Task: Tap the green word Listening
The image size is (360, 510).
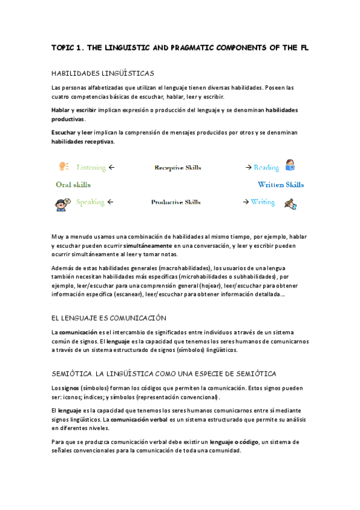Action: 91,167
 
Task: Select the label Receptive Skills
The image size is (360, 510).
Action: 177,168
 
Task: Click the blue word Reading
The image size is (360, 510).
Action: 266,168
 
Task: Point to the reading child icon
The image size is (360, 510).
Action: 290,165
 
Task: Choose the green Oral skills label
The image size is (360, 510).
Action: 73,185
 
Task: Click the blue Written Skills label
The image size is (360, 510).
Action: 281,185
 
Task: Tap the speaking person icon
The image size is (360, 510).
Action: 63,203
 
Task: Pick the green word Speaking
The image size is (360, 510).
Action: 90,203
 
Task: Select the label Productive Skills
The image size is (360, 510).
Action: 175,203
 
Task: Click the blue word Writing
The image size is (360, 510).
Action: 263,203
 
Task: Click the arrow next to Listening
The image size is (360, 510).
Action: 112,167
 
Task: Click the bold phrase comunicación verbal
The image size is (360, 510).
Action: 139,419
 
